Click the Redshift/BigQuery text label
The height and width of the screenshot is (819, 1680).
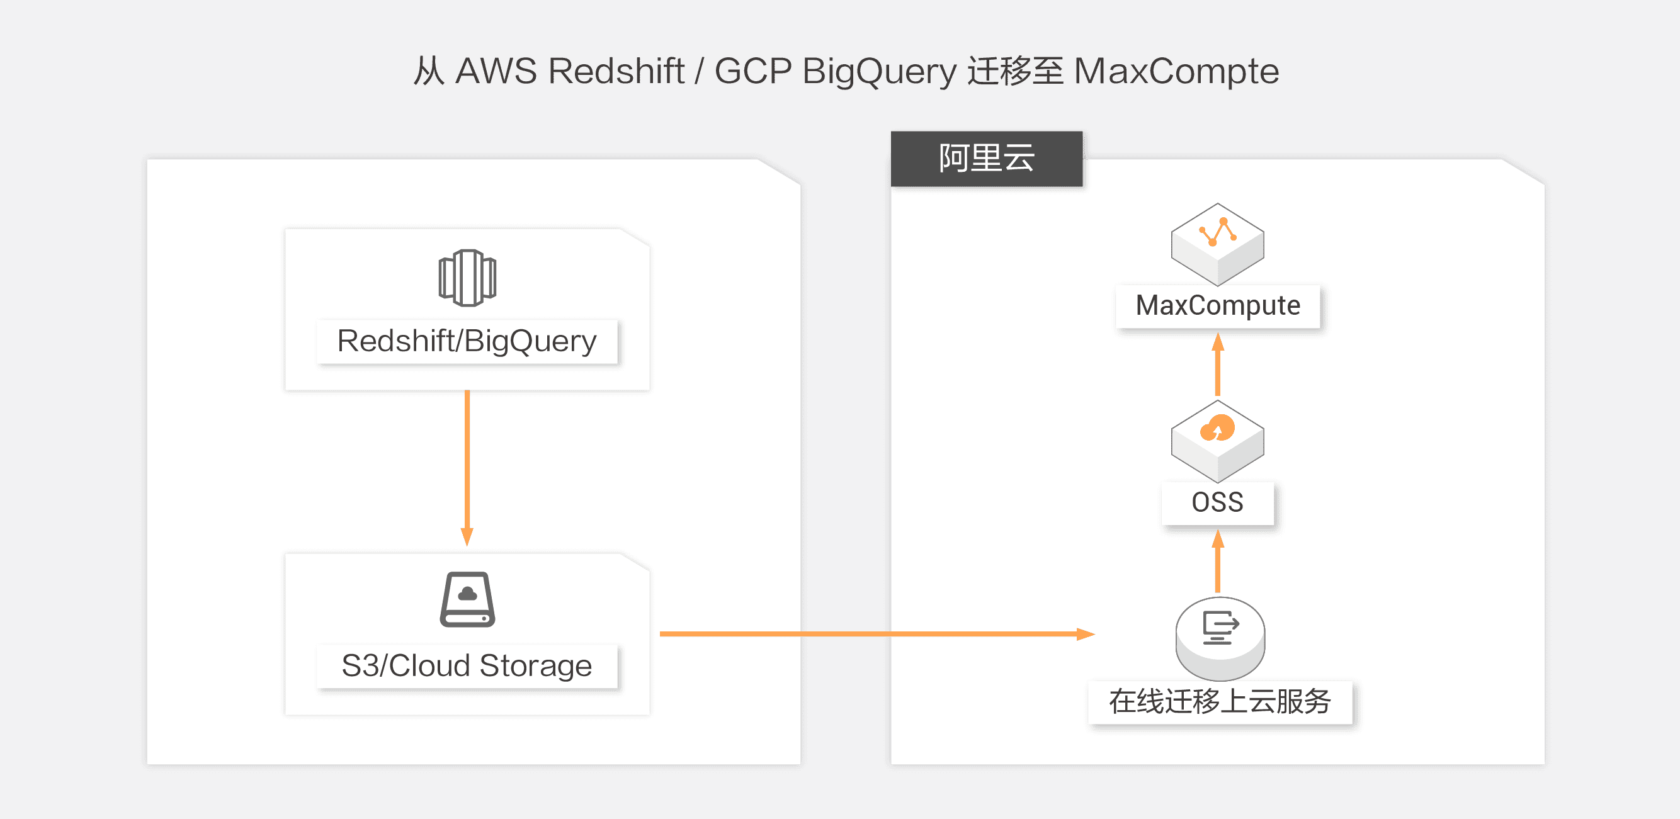[467, 341]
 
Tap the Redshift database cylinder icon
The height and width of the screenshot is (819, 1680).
[467, 278]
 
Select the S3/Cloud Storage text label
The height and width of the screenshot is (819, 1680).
[467, 666]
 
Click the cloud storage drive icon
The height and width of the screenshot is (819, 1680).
[467, 599]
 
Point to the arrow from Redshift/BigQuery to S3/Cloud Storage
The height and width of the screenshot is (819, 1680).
[467, 466]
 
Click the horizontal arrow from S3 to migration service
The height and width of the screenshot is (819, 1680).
[874, 633]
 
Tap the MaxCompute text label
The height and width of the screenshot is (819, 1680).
[1218, 306]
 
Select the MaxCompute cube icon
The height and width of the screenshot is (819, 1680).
[1217, 243]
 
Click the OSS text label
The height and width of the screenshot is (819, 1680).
[1217, 503]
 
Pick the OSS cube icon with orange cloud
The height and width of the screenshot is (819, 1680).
[1217, 440]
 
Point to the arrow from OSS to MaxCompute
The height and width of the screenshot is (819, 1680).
[1217, 365]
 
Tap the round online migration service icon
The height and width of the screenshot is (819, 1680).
[1220, 637]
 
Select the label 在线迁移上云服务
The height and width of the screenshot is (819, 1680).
[1220, 703]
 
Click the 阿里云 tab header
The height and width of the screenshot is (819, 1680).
[986, 159]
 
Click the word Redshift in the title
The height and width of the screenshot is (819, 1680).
[616, 71]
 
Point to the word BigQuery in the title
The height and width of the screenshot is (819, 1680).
[879, 71]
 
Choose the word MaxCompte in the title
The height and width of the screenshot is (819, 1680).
[1176, 71]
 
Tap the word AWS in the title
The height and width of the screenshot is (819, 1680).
[496, 71]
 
